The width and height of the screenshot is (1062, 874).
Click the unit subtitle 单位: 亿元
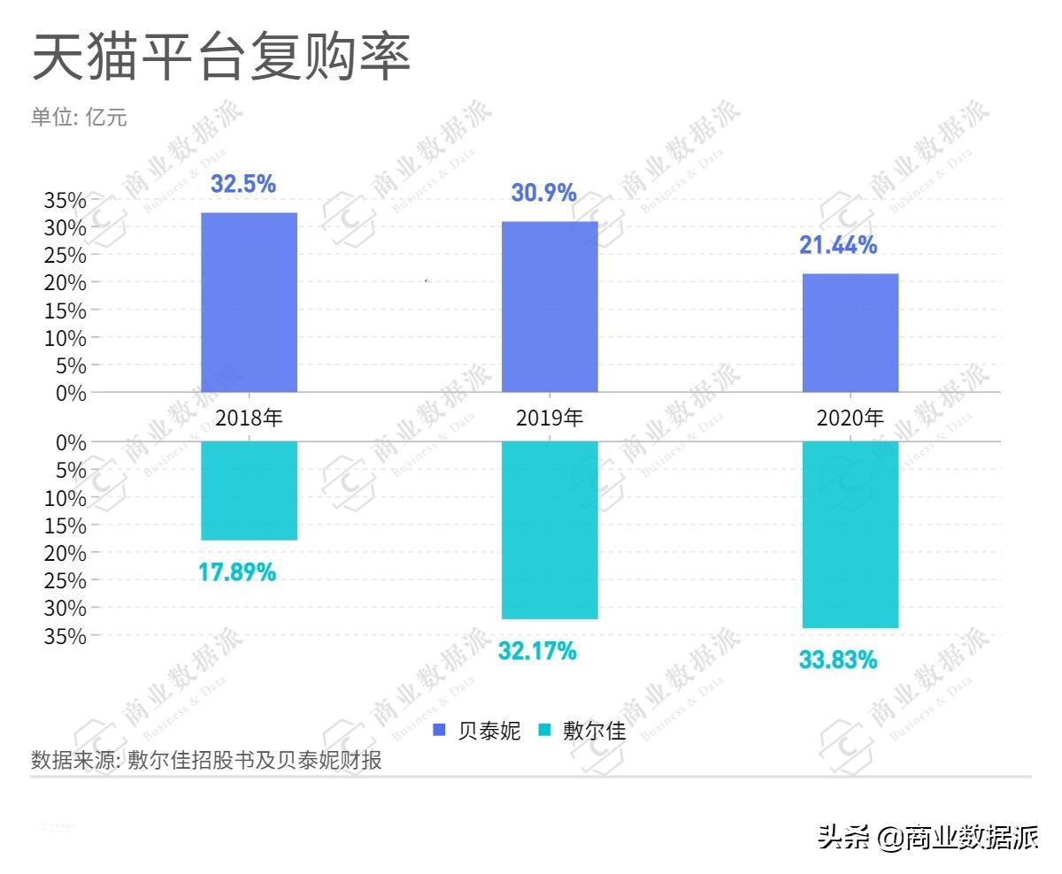[79, 118]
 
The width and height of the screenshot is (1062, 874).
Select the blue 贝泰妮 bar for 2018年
[249, 302]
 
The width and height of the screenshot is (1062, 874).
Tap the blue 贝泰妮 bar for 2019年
[550, 306]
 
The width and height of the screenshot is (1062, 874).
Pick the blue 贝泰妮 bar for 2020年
[850, 333]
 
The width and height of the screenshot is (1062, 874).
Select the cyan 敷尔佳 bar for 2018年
[249, 490]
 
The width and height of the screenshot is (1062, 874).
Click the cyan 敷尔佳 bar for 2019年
[550, 530]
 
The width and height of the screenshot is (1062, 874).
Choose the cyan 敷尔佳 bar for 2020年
[850, 534]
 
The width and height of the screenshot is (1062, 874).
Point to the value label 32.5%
[242, 184]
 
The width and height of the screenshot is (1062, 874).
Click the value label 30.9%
[543, 193]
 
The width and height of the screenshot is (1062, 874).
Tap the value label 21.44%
[837, 245]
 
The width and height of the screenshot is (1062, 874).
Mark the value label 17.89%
[236, 572]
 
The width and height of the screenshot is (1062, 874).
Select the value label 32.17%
[537, 652]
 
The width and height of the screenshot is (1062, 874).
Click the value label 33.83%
[837, 660]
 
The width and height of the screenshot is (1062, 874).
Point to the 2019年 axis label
[550, 418]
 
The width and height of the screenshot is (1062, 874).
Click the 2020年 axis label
[850, 418]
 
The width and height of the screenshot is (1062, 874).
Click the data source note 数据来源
[206, 760]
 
